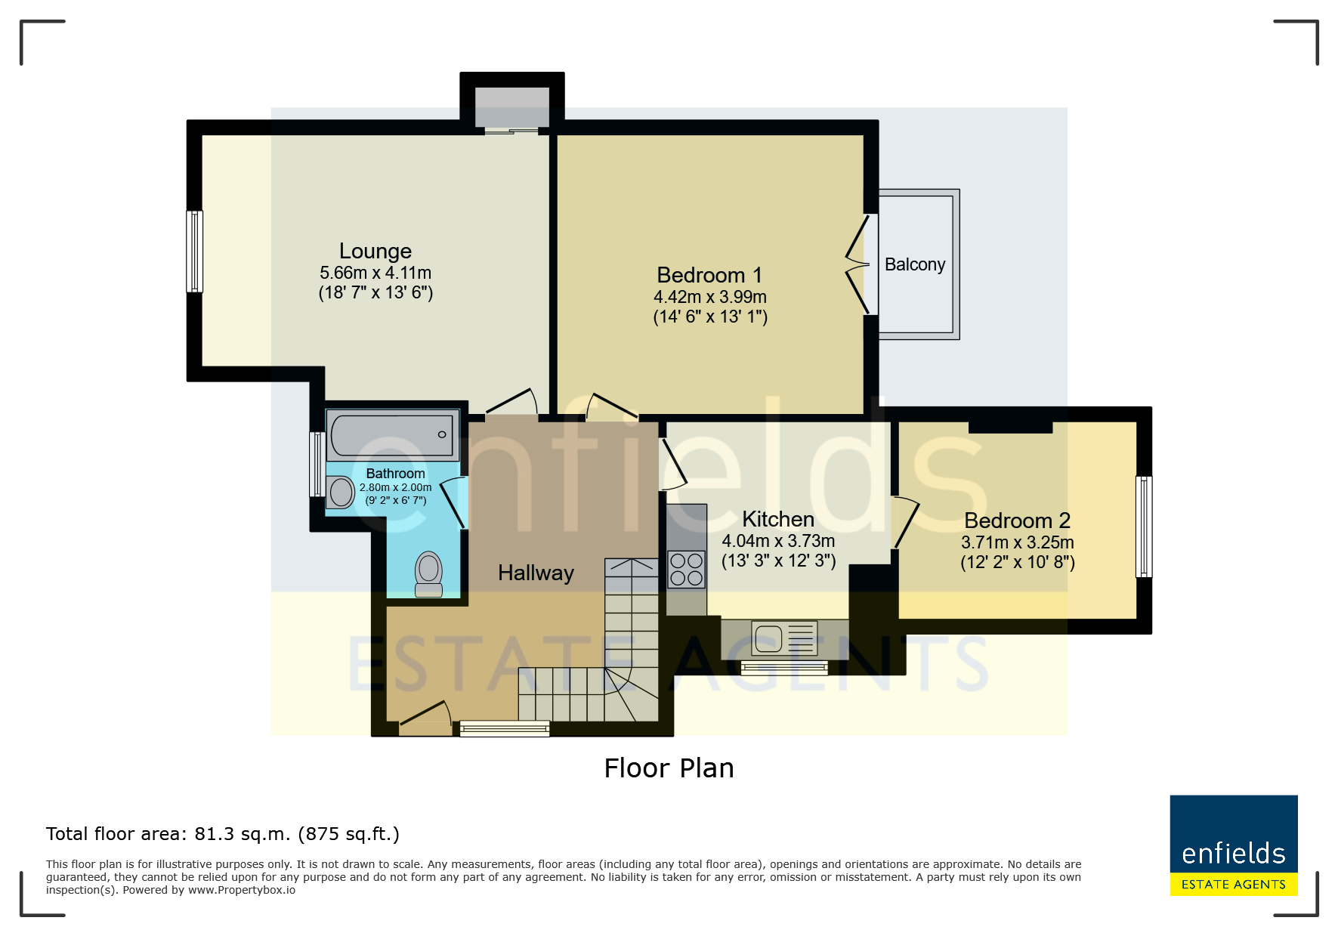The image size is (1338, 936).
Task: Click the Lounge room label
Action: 375,251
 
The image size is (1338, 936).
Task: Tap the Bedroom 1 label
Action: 709,275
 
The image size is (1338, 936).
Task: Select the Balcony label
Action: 915,264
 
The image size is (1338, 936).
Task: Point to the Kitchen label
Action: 778,519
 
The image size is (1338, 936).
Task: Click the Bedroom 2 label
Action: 1018,521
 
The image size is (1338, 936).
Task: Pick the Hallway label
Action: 536,573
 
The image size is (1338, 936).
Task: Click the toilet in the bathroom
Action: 429,574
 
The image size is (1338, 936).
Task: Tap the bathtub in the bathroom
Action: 393,434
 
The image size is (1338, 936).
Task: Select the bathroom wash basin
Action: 341,493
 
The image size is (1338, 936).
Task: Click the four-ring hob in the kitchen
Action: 687,570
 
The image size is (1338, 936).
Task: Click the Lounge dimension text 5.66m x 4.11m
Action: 375,273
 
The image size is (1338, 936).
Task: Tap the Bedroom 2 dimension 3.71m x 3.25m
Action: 1018,542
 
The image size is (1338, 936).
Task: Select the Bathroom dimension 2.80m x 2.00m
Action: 395,487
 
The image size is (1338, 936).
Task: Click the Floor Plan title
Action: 669,768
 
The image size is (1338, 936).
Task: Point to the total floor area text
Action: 223,834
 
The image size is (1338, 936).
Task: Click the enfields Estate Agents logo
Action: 1234,845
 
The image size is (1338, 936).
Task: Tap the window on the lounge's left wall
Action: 195,252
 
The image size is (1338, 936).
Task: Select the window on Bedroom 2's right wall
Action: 1144,527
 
